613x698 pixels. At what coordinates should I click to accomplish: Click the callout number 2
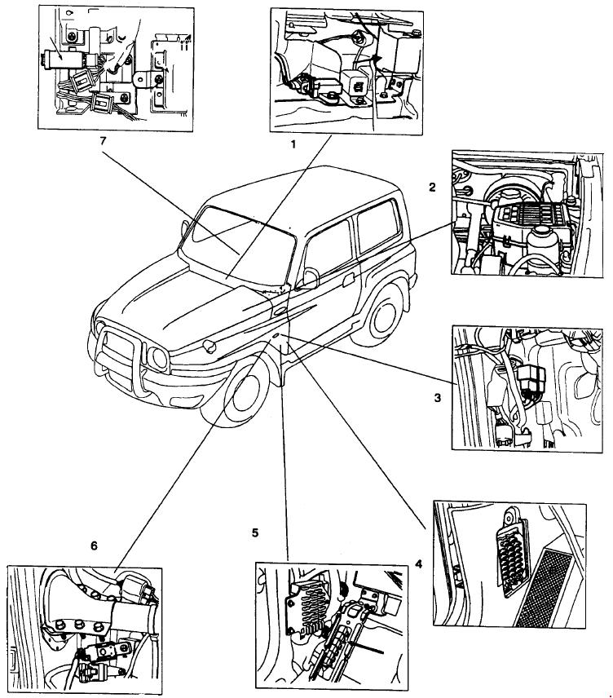coord(432,187)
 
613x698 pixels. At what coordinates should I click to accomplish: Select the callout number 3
coord(437,398)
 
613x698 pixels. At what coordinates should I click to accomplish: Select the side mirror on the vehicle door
coord(310,279)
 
